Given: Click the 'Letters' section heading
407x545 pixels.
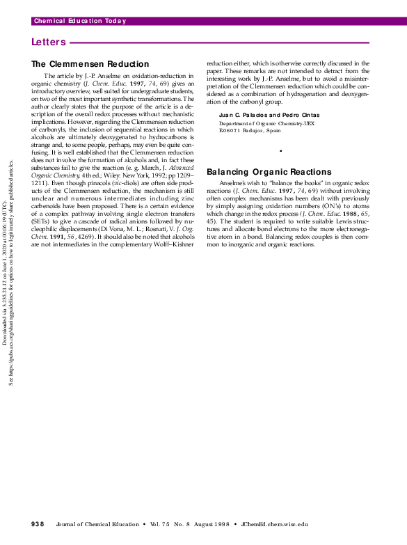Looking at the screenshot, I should point(49,42).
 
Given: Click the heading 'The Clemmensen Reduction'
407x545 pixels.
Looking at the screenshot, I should point(90,64).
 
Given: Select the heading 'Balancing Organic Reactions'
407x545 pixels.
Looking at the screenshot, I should point(269,172).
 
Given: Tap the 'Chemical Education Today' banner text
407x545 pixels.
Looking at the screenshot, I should point(80,21).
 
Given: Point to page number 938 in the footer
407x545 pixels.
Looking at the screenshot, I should point(38,523).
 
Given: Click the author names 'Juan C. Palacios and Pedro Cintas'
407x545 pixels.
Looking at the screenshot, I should point(259,114).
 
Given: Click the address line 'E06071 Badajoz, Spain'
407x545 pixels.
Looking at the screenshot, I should point(250,130).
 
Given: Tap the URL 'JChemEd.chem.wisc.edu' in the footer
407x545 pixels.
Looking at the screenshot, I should point(274,523).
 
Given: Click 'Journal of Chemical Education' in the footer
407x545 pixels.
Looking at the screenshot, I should point(97,523).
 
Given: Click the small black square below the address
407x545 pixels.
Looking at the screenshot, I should point(280,151).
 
